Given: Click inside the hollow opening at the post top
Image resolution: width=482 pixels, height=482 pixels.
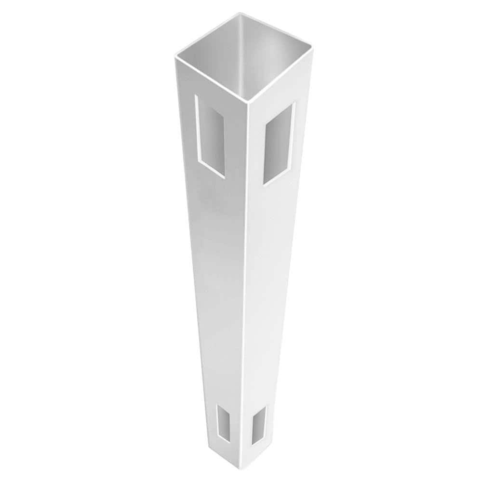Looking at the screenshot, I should tap(241, 53).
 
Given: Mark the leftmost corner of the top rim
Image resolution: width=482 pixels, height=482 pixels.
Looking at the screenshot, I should tap(174, 57).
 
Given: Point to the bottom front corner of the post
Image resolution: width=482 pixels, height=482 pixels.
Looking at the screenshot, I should tap(241, 474).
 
